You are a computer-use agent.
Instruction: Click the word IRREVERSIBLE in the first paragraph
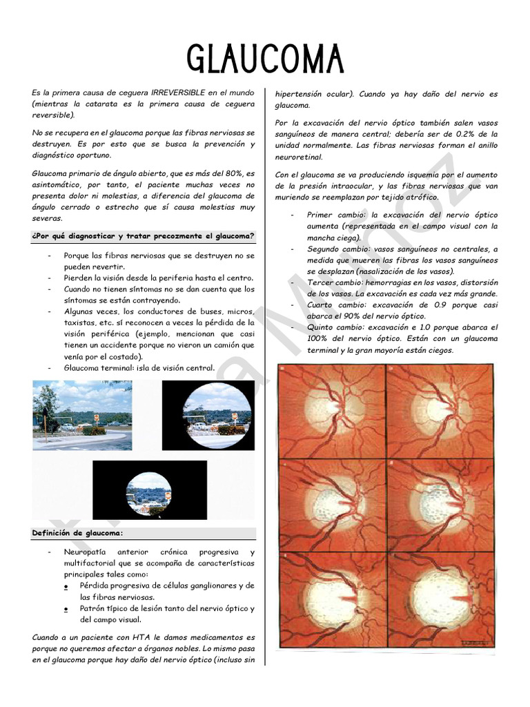point(181,93)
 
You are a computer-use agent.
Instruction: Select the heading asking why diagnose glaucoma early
point(143,236)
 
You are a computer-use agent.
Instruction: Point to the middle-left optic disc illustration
point(331,504)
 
